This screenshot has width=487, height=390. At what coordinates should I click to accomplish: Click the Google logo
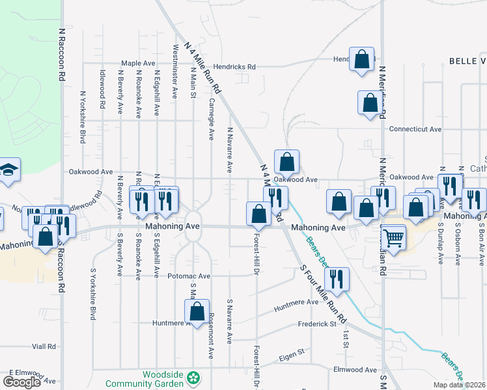(21, 382)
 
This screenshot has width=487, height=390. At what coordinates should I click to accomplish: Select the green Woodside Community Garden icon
(193, 378)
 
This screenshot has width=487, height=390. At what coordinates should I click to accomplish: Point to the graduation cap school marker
(9, 170)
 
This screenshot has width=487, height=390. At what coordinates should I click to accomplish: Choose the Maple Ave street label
(138, 64)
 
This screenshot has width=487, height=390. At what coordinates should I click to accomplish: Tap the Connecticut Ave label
(415, 129)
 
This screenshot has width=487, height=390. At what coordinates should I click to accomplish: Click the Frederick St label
(316, 323)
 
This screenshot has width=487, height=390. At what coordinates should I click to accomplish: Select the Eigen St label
(292, 352)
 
